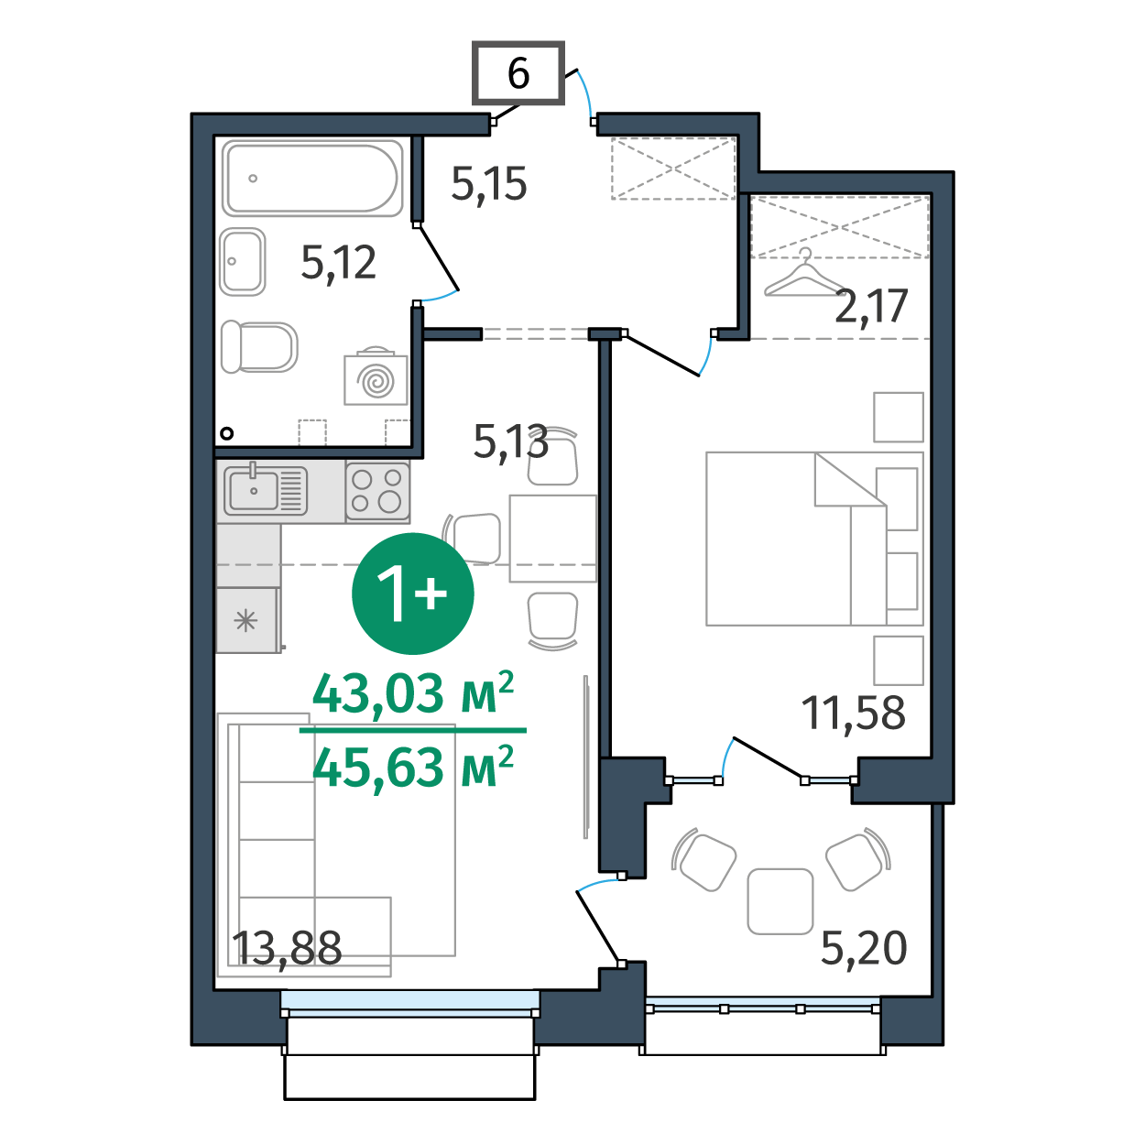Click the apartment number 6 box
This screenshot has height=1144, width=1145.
(x=518, y=73)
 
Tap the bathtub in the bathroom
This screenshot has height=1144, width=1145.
(x=311, y=178)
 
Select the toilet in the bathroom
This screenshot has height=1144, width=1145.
(x=259, y=347)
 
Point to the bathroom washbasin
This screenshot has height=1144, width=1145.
(x=242, y=261)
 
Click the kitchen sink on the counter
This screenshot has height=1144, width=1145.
(x=266, y=491)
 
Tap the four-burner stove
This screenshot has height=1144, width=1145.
(x=377, y=492)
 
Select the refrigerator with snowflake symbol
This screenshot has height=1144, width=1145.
(x=246, y=621)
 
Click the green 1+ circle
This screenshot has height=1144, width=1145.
(x=412, y=594)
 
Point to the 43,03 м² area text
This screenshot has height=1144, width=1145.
(x=412, y=693)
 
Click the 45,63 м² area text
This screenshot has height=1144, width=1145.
(x=412, y=767)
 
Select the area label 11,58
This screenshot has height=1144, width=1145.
(x=853, y=713)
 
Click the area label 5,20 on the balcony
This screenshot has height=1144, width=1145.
(x=864, y=948)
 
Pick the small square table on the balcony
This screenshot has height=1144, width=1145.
(x=780, y=901)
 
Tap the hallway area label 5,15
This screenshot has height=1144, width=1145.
(x=488, y=183)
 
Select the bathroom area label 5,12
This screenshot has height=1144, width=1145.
(x=338, y=262)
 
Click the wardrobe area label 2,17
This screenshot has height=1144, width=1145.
(x=871, y=306)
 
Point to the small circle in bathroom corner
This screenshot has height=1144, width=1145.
(x=226, y=434)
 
